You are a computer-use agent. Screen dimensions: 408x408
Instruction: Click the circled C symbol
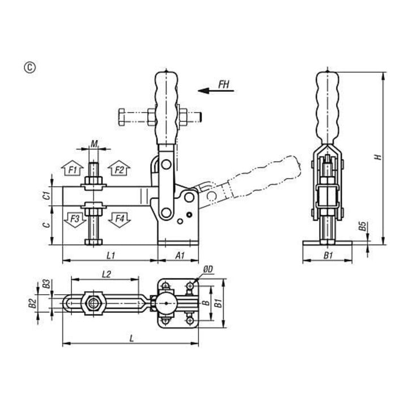click(30, 67)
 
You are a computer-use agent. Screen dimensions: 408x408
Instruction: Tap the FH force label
click(224, 84)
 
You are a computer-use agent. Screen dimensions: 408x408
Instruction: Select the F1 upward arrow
click(73, 168)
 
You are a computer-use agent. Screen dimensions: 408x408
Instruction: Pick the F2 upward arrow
click(119, 168)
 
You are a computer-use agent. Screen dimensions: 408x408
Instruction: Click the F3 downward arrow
click(75, 220)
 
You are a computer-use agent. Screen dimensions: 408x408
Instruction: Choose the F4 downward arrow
click(120, 220)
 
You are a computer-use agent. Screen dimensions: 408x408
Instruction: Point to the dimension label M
click(94, 143)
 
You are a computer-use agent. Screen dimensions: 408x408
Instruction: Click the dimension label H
click(377, 157)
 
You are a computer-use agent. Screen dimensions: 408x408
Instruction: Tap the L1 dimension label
click(111, 256)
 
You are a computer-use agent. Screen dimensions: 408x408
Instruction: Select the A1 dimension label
click(180, 256)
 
